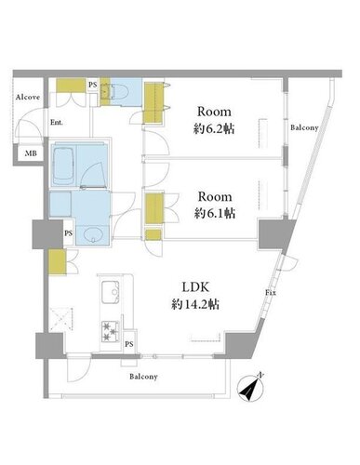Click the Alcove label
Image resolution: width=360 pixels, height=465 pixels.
(x=28, y=97)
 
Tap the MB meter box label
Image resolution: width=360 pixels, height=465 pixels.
(x=31, y=153)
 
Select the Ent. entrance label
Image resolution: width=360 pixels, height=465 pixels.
(x=57, y=123)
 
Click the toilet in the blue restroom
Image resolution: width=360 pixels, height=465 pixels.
(x=119, y=91)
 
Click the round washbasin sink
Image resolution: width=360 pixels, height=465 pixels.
(x=93, y=234)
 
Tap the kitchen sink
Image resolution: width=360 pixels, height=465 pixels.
(x=111, y=292)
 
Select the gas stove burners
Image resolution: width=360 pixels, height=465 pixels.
(x=111, y=331)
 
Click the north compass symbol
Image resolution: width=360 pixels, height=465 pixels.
(x=250, y=388)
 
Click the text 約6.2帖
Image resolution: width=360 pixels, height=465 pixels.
(x=214, y=128)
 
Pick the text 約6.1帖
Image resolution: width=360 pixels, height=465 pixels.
(x=215, y=213)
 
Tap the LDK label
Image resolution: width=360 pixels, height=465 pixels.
(x=195, y=287)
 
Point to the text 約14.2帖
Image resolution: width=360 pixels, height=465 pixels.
(x=195, y=304)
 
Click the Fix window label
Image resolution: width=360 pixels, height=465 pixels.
(x=271, y=292)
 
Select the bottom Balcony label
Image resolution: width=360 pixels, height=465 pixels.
(x=143, y=377)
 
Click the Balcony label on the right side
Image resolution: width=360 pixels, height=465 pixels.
(x=304, y=127)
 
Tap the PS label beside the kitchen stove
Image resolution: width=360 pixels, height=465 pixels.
(x=129, y=344)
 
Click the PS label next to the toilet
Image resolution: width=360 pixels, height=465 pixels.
(x=93, y=85)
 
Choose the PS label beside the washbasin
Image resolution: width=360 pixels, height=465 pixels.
(x=69, y=233)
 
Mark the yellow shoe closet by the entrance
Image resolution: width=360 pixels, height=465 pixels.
(x=71, y=86)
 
